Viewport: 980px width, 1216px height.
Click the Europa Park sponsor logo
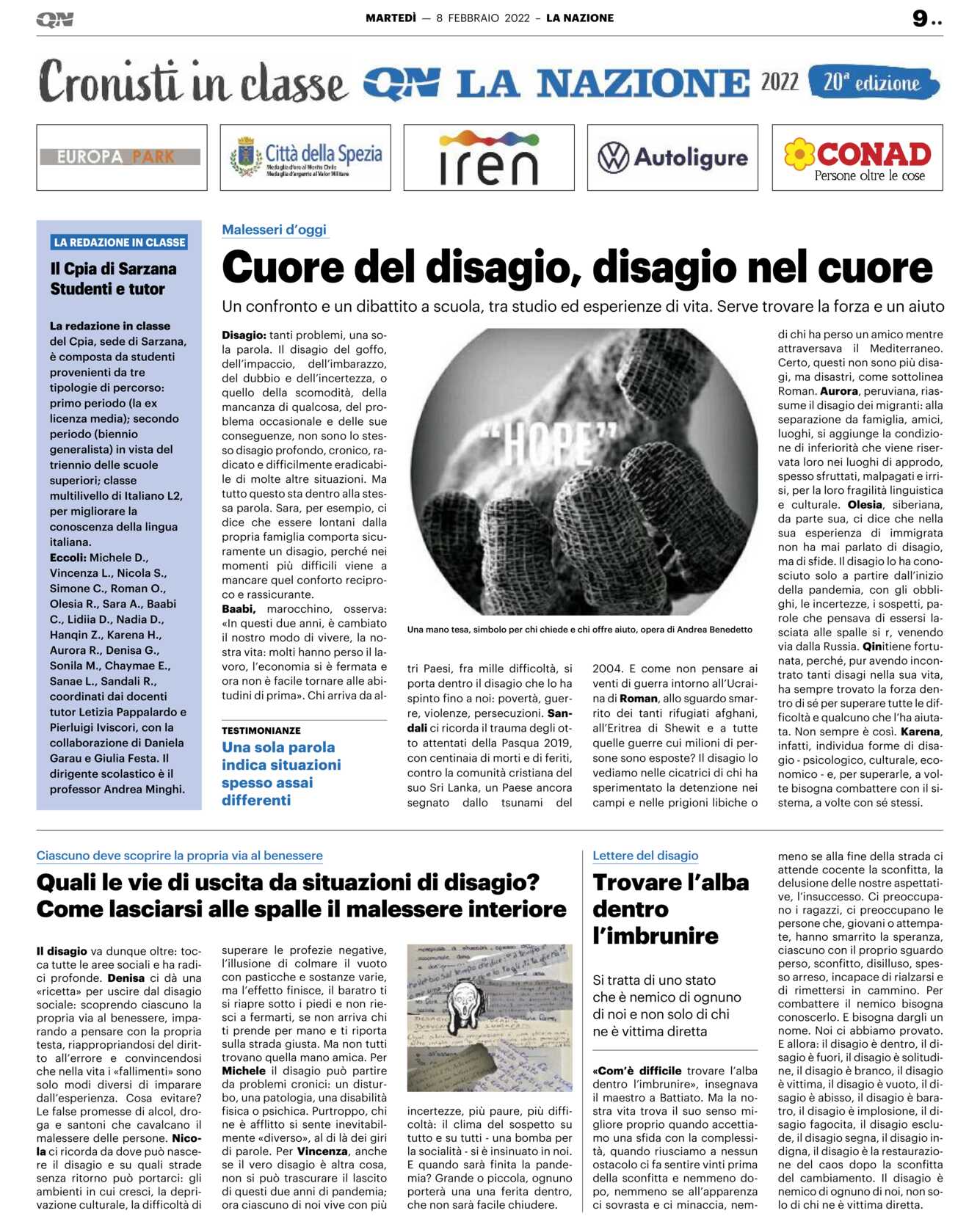tap(121, 157)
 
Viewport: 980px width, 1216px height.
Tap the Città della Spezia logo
tap(305, 158)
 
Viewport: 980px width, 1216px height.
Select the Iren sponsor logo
tap(489, 158)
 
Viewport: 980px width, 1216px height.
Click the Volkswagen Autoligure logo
tap(672, 158)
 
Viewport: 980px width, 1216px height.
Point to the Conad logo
tap(857, 158)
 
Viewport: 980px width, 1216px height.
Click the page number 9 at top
tap(921, 18)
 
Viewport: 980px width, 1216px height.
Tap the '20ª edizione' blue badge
tap(873, 82)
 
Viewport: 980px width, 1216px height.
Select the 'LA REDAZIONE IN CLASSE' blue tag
tap(120, 242)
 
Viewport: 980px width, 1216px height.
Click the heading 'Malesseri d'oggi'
tap(275, 230)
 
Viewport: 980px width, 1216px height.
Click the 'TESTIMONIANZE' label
tap(261, 730)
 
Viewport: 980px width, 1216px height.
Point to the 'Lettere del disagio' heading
tap(645, 856)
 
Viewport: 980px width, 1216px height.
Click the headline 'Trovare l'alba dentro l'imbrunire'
tap(670, 909)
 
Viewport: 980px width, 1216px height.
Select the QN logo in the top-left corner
tap(55, 20)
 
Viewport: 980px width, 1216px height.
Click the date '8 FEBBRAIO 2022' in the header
tap(482, 18)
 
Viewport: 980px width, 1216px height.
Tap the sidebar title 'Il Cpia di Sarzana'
tap(114, 269)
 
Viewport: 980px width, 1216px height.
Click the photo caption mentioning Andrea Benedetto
tap(579, 629)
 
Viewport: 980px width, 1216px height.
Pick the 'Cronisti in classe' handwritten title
tap(192, 82)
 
